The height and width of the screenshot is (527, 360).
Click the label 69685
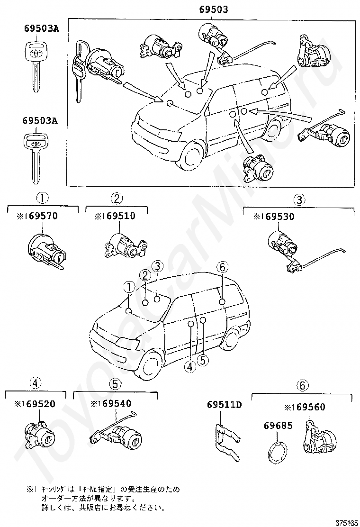click(278, 426)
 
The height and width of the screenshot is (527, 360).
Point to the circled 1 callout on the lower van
click(128, 286)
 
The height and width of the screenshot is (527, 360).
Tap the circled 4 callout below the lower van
click(190, 366)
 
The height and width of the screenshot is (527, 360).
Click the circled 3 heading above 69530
click(299, 200)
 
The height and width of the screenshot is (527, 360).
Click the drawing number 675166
click(346, 522)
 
